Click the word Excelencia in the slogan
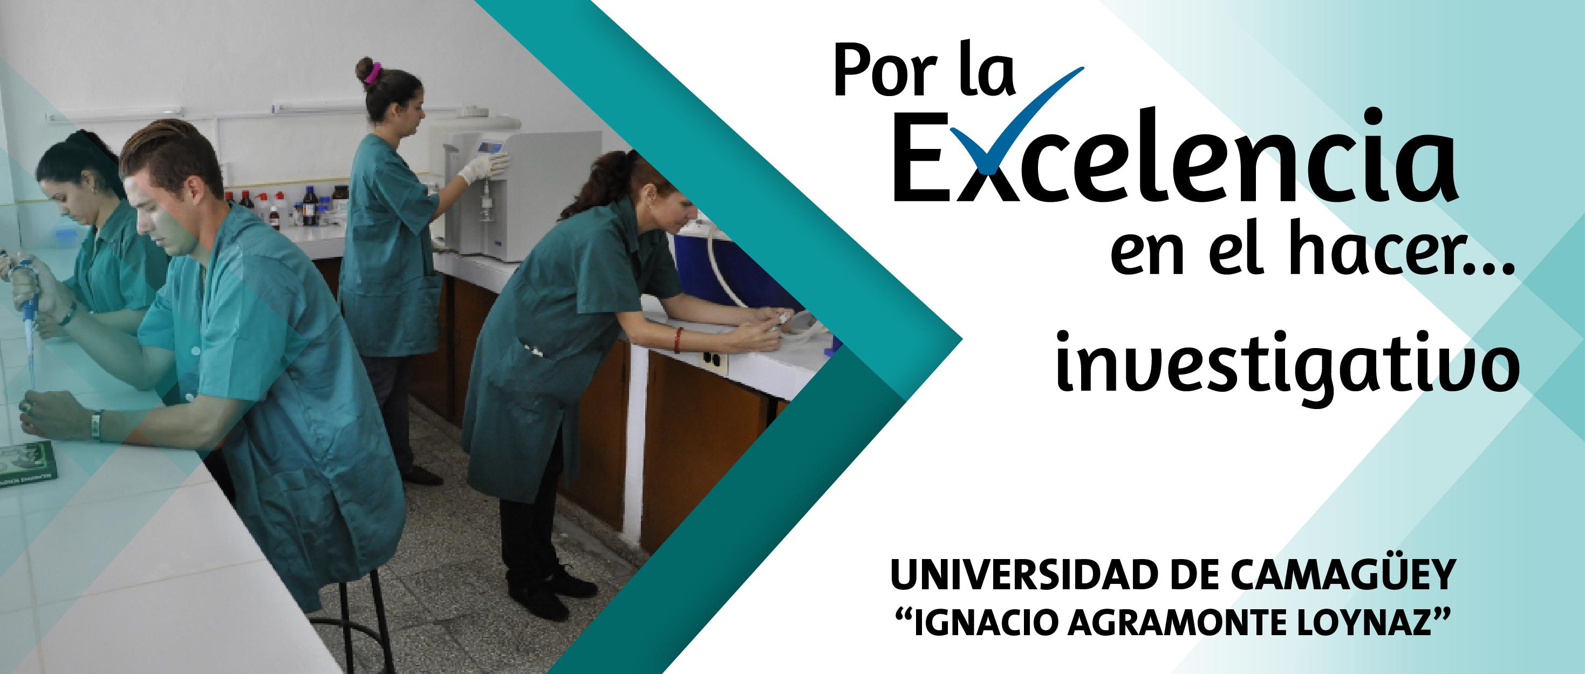click(1175, 156)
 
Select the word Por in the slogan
click(886, 73)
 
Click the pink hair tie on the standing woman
click(372, 73)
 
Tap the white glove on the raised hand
click(483, 167)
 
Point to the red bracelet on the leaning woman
click(678, 340)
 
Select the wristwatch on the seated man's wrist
click(96, 425)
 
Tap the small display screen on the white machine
click(490, 148)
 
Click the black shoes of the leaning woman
click(551, 592)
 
